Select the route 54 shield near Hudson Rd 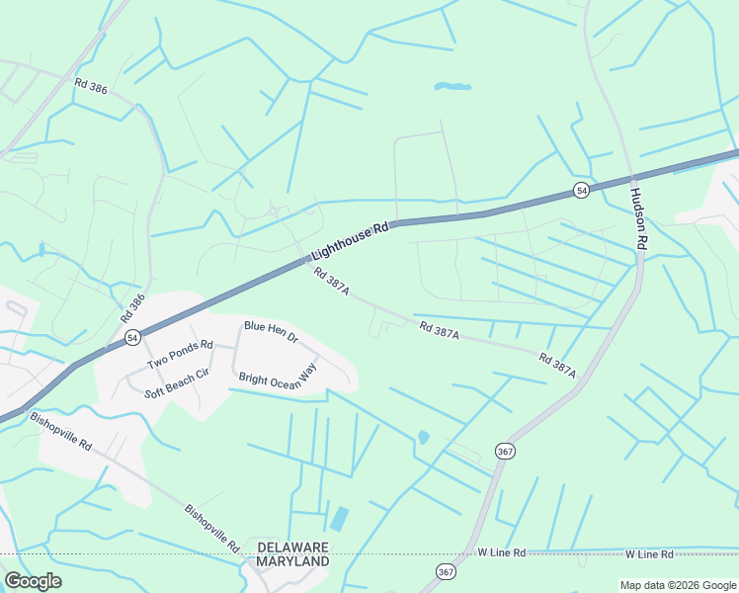coord(581,190)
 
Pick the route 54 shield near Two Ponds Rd coord(132,338)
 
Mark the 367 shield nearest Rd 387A coord(505,450)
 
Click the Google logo coord(33,581)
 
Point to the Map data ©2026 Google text coord(678,585)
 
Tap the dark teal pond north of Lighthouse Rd coord(453,87)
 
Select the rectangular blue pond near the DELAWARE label coord(339,518)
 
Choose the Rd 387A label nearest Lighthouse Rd coord(332,283)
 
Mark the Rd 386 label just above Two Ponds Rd coord(132,308)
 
